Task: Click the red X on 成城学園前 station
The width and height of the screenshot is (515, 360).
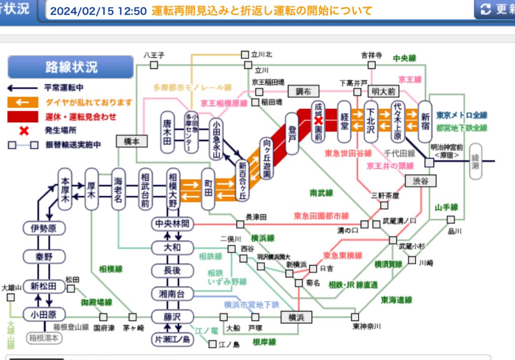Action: [319, 120]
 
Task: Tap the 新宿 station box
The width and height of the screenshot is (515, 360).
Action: [425, 121]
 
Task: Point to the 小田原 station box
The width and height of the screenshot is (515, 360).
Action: [44, 314]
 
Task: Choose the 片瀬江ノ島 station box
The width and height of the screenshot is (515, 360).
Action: [173, 339]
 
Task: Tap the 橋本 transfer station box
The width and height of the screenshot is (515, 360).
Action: [132, 142]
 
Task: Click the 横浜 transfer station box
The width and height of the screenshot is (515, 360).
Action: [293, 317]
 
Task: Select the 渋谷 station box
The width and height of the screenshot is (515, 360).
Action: [420, 181]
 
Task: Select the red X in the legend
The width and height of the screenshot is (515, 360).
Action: [24, 131]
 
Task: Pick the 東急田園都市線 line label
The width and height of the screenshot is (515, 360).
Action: [321, 216]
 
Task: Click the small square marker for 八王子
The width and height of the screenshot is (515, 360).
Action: [154, 65]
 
